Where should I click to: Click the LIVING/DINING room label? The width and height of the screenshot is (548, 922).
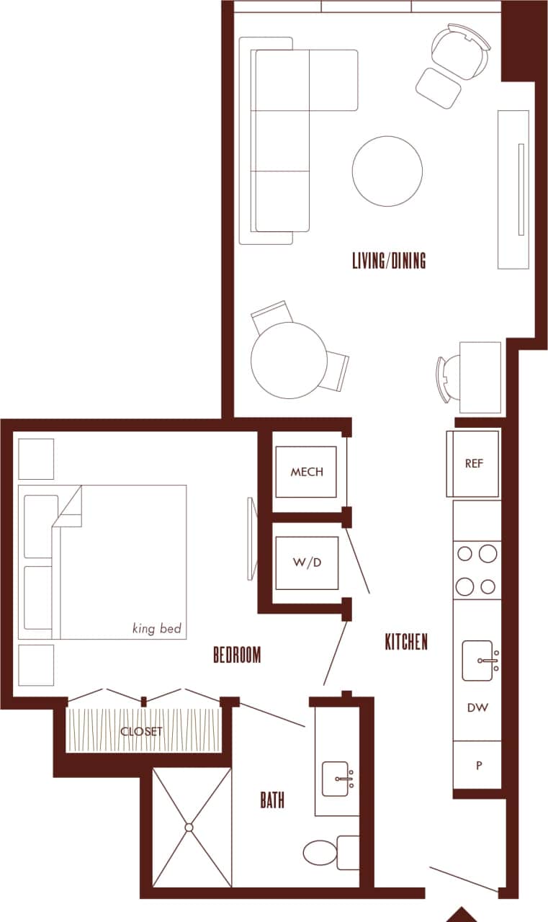(389, 260)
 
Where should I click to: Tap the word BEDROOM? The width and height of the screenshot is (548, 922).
(237, 655)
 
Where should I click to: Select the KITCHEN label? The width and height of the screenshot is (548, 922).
(406, 642)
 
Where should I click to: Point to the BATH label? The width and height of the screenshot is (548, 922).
(272, 800)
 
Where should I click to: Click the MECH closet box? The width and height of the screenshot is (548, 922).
(307, 472)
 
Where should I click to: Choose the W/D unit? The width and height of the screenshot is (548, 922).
(307, 563)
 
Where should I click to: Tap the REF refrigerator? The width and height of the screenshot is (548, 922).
(474, 464)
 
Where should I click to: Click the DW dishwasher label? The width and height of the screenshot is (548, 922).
(477, 707)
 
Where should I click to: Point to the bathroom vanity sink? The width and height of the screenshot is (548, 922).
(337, 779)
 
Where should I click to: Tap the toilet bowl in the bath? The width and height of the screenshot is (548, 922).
(320, 853)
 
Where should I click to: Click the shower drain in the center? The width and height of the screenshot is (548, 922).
(191, 827)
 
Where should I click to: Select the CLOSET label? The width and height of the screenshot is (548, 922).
(142, 731)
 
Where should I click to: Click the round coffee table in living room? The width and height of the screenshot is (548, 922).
(387, 171)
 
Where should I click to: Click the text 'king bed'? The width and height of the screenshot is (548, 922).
(158, 629)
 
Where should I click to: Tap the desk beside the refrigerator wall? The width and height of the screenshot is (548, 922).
(480, 377)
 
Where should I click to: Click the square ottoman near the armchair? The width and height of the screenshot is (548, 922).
(439, 88)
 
